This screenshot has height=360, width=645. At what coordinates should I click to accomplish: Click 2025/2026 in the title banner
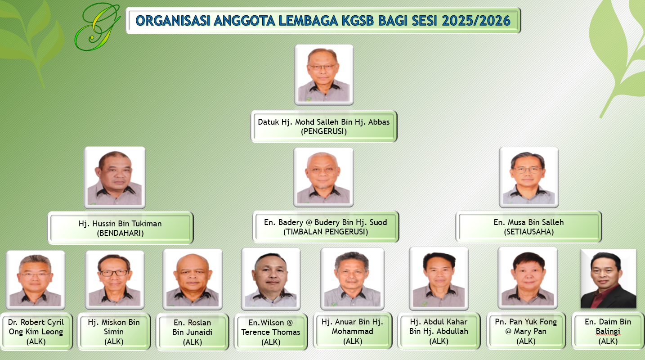[476, 21]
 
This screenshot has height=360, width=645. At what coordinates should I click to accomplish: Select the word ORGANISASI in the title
[173, 21]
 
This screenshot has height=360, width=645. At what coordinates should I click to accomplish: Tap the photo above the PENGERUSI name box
[324, 75]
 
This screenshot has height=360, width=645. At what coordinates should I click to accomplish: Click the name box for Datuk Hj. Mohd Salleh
[324, 126]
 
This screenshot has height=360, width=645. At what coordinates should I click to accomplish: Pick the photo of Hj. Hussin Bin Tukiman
[115, 178]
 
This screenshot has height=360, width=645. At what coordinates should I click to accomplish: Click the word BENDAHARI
[121, 233]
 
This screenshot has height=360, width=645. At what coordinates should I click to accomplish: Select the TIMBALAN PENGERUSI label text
[326, 232]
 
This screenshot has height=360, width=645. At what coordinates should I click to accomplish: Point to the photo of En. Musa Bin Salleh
[529, 177]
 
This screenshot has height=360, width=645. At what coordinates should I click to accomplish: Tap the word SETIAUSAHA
[529, 232]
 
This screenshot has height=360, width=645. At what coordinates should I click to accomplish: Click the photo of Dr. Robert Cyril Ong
[36, 279]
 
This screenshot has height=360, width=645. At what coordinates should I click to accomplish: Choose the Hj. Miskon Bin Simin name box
[114, 332]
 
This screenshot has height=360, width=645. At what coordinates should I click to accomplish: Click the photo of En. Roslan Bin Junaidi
[193, 279]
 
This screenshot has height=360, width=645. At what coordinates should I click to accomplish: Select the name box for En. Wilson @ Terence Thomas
[271, 332]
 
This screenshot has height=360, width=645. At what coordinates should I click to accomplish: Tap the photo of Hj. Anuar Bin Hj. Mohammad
[352, 279]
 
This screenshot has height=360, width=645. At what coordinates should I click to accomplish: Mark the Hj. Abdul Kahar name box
[439, 331]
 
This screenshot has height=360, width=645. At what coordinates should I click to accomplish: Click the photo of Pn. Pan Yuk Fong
[528, 278]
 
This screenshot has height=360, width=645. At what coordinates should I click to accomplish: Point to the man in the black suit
[609, 279]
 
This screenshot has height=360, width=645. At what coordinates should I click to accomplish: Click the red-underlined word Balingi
[608, 332]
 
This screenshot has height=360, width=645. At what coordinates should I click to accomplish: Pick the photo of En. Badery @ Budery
[323, 177]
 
